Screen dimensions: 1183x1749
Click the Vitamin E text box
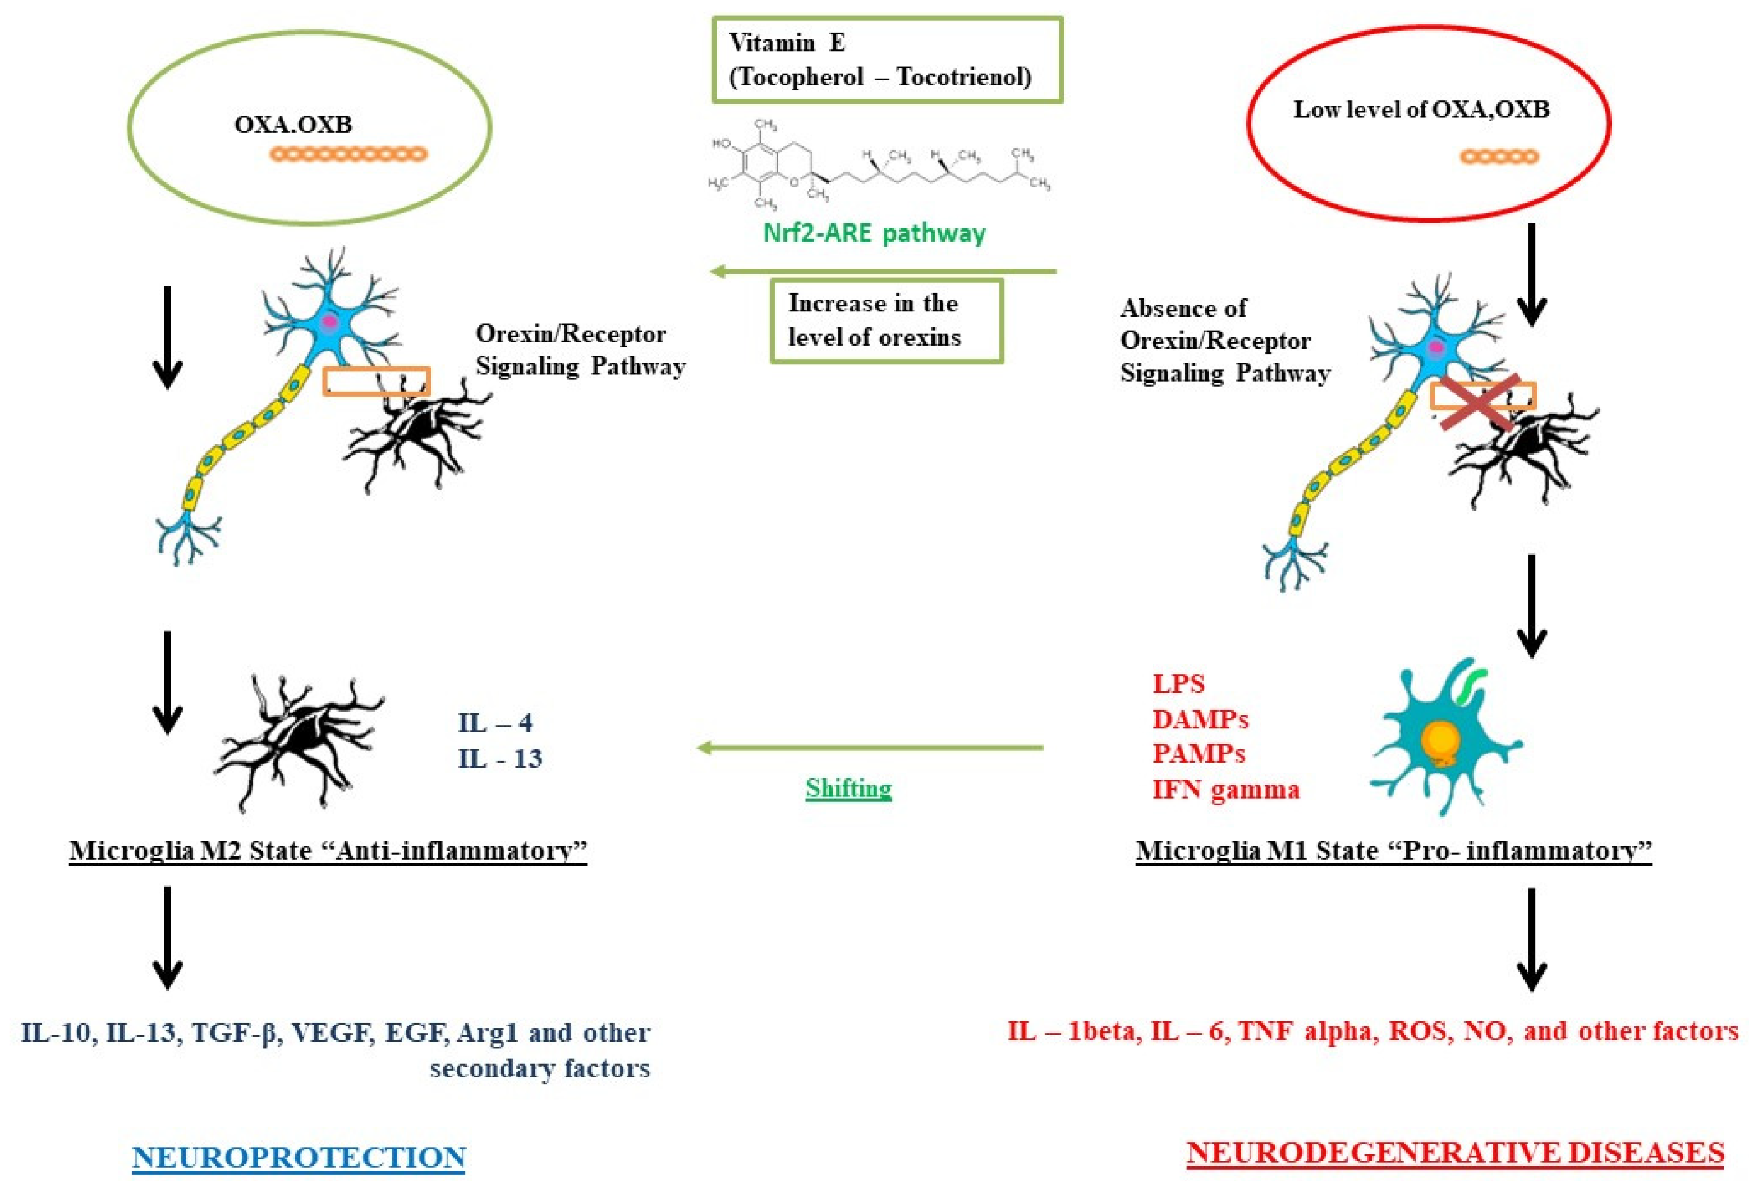point(887,59)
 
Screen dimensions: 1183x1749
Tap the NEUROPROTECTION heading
point(299,1157)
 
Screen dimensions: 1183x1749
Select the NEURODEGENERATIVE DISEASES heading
point(1455,1152)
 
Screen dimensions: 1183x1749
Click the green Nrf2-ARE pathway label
point(874,233)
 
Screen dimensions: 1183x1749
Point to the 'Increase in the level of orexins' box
point(886,320)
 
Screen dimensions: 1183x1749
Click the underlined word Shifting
point(848,788)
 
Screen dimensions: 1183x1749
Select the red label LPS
point(1178,684)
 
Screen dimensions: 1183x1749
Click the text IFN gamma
point(1225,790)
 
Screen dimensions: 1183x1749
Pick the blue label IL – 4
point(495,722)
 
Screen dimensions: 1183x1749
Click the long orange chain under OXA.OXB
point(348,154)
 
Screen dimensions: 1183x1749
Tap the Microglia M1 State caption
point(1394,850)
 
